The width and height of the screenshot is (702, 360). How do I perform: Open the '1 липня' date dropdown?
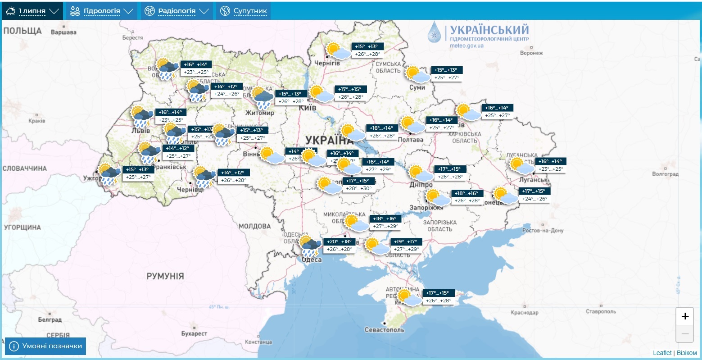point(32,11)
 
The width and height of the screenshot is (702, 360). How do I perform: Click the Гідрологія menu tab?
point(102,11)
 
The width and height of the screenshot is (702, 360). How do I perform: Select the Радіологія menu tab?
point(177,11)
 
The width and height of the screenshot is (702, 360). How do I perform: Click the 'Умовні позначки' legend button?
point(45,346)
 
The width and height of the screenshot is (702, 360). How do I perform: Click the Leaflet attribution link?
point(662,353)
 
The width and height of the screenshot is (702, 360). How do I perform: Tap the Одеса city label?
point(312,260)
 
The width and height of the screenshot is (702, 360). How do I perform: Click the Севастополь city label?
point(384,330)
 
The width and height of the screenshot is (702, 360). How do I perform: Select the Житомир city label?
point(260,113)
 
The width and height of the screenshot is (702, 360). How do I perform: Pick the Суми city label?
point(417,87)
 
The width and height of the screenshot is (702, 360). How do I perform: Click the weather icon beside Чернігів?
point(338,50)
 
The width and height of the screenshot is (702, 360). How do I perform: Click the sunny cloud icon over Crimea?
point(409,298)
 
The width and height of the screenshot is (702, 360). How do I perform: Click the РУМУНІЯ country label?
point(165,276)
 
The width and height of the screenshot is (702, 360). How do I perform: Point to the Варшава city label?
point(63,32)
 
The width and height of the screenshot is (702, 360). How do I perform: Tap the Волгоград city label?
point(665,174)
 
